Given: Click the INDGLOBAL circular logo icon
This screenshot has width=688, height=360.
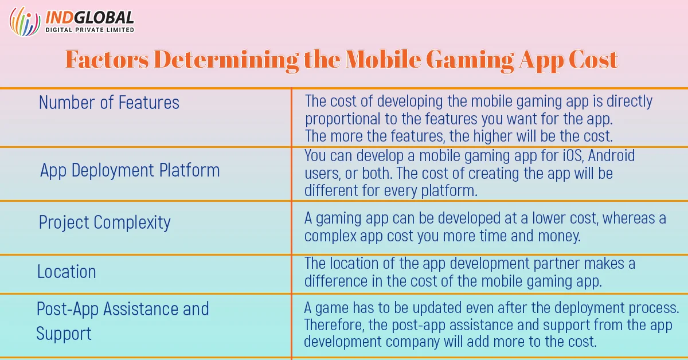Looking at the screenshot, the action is click(x=25, y=21).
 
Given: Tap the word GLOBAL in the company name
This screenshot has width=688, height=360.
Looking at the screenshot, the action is click(x=104, y=18).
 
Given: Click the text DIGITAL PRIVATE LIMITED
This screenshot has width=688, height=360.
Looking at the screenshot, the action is click(x=89, y=30).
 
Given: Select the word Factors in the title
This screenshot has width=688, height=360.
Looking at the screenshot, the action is click(x=107, y=59).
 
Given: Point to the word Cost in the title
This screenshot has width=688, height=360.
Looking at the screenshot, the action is click(x=593, y=59).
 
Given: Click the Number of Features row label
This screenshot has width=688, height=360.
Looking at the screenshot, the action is click(x=109, y=102).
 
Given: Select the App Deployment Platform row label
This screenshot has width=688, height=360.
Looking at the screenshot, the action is click(x=130, y=170).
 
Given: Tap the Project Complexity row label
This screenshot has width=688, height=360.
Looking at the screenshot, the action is click(x=104, y=222).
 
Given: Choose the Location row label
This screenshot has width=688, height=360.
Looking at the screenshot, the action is click(x=67, y=272).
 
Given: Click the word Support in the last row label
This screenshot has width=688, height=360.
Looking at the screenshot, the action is click(x=64, y=334).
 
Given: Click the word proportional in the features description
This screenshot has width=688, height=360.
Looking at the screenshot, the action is click(x=342, y=119).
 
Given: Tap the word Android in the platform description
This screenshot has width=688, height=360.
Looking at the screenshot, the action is click(x=611, y=155).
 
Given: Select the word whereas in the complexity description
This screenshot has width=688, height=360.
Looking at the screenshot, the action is click(x=628, y=218).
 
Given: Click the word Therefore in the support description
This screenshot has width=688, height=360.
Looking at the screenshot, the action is click(x=334, y=325).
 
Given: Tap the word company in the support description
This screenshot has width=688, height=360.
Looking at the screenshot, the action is click(x=413, y=342).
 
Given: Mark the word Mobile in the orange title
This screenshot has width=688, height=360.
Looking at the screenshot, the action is click(x=383, y=59).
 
